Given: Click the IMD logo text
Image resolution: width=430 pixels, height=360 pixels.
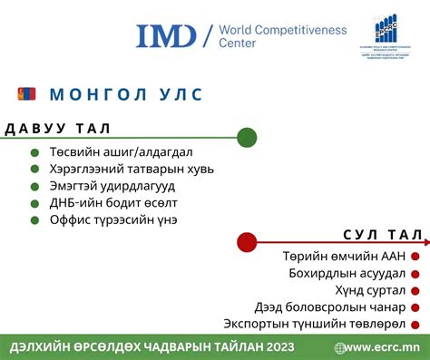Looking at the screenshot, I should click(166, 35).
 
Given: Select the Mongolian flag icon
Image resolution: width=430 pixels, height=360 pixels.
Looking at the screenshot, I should click(26, 93).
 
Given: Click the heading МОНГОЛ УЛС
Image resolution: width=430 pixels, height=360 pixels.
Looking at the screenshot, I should click(126, 95).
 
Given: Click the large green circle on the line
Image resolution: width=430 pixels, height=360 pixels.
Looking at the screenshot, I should click(247, 138).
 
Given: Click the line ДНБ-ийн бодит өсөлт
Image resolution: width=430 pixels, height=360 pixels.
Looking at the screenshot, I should click(113, 202).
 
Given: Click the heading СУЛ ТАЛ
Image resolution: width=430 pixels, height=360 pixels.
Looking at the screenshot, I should click(382, 235).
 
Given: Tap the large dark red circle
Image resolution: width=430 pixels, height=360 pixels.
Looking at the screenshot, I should click(247, 242).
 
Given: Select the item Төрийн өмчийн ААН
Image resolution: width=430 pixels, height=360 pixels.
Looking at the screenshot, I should click(344, 257).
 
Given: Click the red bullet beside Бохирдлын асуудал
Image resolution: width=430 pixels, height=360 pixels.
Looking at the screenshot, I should click(415, 274).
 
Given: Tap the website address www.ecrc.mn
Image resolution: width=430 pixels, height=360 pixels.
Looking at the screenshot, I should click(382, 346).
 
